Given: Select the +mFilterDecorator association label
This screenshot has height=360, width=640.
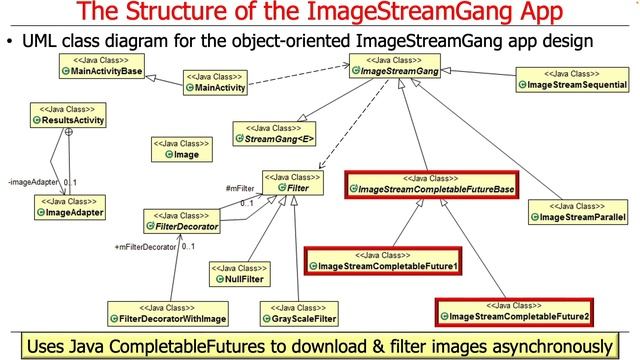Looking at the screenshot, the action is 146,246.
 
